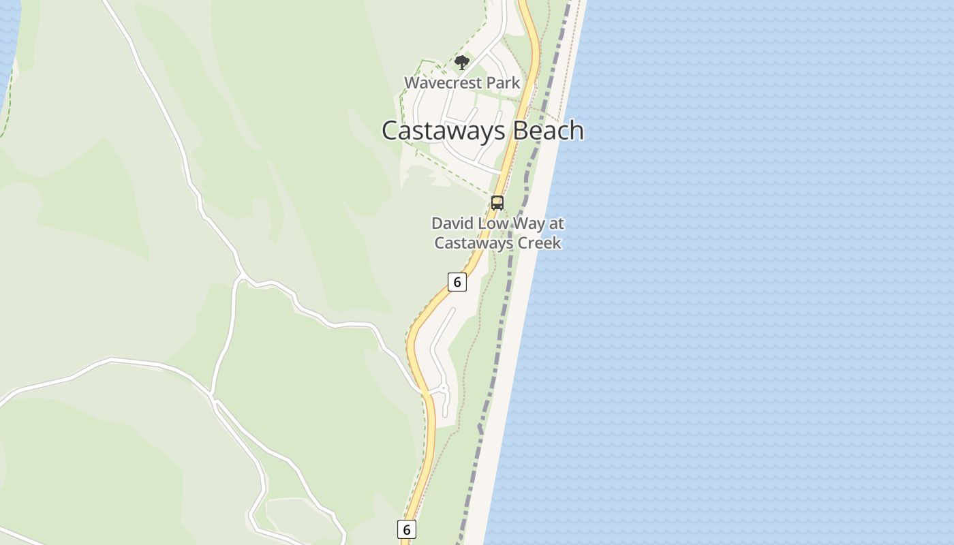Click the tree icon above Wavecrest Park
coord(462,63)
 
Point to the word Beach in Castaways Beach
coord(549,130)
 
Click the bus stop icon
coord(497,202)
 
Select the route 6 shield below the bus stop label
coord(457,282)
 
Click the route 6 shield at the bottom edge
coord(406,529)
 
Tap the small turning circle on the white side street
coord(444,388)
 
